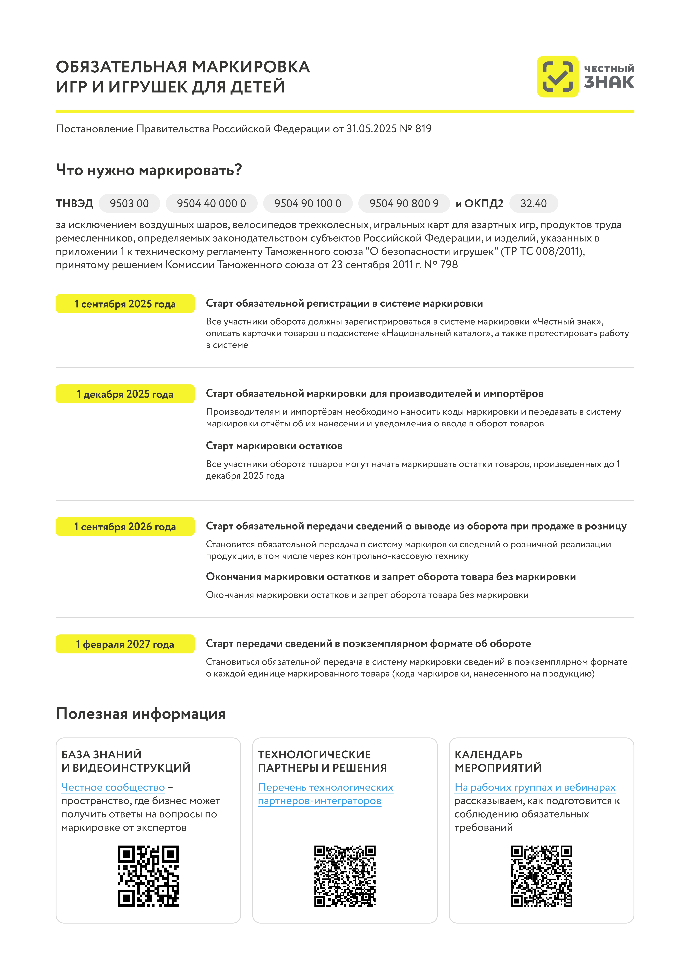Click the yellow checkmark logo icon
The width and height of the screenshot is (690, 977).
point(557,77)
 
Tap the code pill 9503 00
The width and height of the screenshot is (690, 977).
point(129,203)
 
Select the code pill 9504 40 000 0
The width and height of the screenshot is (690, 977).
point(211,203)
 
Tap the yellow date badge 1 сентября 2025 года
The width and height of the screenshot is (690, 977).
point(125,304)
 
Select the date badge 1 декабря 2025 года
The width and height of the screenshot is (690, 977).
point(125,394)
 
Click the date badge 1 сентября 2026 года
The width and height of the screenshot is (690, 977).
point(125,527)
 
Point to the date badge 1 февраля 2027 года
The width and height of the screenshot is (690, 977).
point(125,644)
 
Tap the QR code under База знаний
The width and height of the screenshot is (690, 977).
point(148,876)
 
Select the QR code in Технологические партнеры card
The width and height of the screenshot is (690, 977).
point(345,876)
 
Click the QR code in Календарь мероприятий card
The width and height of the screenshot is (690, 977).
point(541,876)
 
